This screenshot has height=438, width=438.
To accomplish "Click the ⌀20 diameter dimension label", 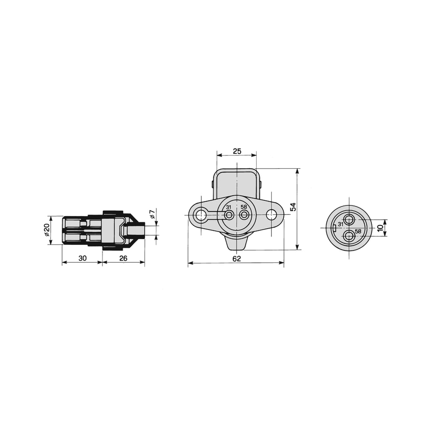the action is click(46, 230).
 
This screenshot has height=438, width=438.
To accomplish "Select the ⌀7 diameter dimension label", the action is click(152, 214).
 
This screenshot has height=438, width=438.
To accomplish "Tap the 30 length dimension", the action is click(82, 258).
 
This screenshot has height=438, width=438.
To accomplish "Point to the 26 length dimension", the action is click(123, 258).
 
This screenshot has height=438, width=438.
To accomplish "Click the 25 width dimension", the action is click(237, 151).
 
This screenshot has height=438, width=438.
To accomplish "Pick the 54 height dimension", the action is click(293, 207).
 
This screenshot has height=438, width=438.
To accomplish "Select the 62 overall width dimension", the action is click(237, 259).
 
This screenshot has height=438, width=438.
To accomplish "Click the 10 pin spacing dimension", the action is click(380, 228).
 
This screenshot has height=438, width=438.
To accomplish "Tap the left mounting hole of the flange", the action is click(201, 215).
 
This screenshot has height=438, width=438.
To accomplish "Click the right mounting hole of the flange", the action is click(271, 215).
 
